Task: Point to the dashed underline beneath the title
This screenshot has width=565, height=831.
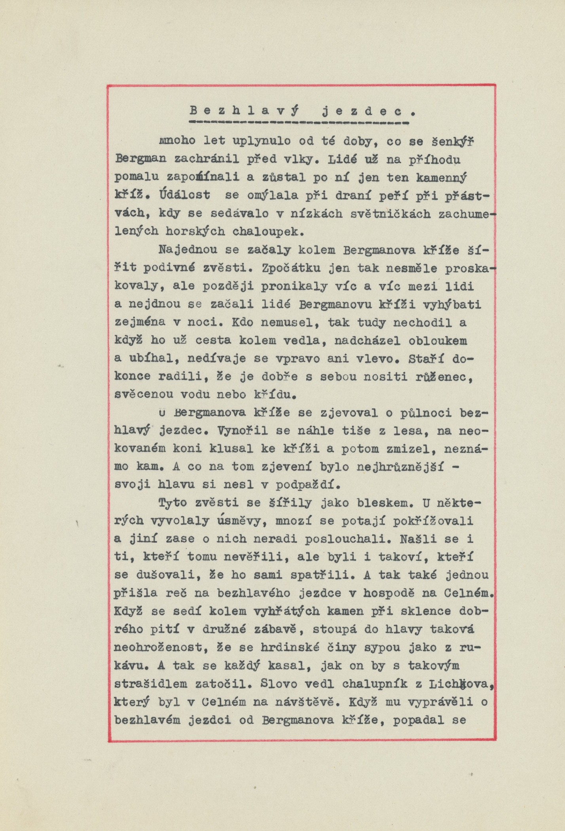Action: [299, 123]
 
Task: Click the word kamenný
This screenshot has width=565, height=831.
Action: [442, 178]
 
